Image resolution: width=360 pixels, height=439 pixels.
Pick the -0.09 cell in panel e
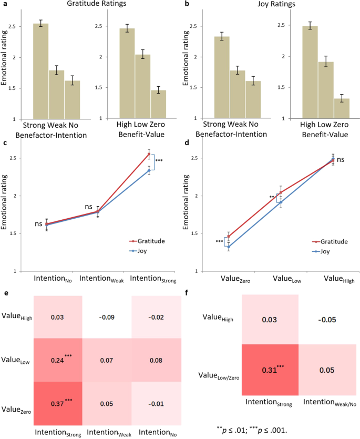pos(107,317)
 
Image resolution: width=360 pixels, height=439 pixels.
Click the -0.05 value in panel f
pos(327,319)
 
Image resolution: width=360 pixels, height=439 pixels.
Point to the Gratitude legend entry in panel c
pos(147,241)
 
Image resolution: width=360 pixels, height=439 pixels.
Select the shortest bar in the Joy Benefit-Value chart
pos(341,108)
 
